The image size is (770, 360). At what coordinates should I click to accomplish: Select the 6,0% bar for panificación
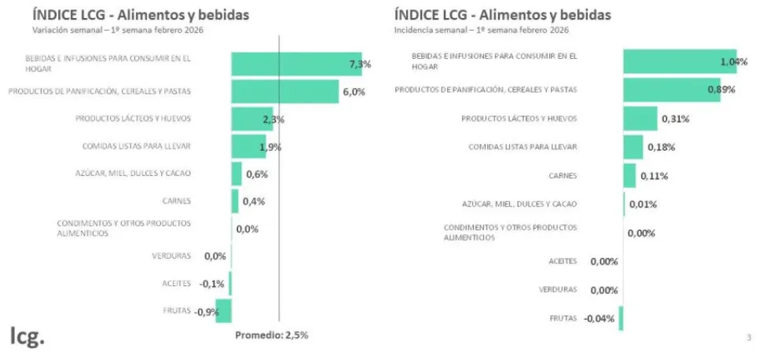pyautogui.click(x=284, y=91)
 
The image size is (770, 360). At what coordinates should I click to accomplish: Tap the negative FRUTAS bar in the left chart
pyautogui.click(x=224, y=310)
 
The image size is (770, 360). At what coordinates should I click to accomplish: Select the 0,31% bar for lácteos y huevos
pyautogui.click(x=640, y=119)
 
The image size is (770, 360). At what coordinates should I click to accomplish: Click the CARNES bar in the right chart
pyautogui.click(x=629, y=175)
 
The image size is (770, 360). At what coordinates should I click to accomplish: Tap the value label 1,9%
pyautogui.click(x=269, y=147)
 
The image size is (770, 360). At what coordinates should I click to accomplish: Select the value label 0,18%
pyautogui.click(x=661, y=147)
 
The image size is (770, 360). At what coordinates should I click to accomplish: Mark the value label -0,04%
pyautogui.click(x=599, y=318)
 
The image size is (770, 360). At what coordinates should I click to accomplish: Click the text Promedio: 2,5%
pyautogui.click(x=271, y=335)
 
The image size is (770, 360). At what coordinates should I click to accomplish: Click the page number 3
pyautogui.click(x=748, y=338)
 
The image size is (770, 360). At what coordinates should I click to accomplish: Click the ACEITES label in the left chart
pyautogui.click(x=176, y=283)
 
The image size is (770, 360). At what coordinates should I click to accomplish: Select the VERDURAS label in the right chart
pyautogui.click(x=558, y=289)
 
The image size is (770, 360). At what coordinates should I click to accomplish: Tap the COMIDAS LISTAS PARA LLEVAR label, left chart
pyautogui.click(x=137, y=146)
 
